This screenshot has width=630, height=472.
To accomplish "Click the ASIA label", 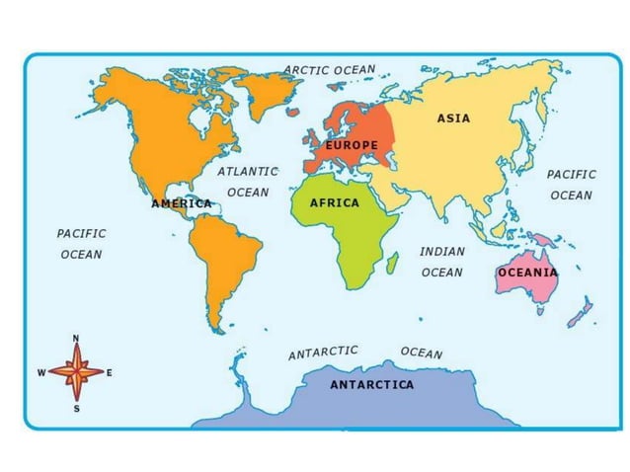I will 453,118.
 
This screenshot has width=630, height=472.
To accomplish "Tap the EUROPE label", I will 353,145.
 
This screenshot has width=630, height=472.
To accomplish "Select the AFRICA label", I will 335,202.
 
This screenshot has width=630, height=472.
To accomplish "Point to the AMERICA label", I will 182,203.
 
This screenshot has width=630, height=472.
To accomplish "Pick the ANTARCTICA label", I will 372,384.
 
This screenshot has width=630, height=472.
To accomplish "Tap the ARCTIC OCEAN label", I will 330,70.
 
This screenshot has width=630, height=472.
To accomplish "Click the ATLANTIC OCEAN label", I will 248,182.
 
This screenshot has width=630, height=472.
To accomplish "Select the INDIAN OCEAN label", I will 441,262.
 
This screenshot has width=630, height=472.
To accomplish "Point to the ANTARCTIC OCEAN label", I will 365,353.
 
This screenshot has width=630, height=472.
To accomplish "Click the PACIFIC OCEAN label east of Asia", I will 572,185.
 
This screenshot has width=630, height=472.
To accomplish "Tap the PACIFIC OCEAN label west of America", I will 81,244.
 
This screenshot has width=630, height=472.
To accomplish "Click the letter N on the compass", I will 76,339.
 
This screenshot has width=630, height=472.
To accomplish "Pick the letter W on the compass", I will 40,373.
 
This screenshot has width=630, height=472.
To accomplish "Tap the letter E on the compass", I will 109,373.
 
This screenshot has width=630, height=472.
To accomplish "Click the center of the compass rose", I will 76,373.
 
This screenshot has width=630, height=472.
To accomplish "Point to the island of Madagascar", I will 392,263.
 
